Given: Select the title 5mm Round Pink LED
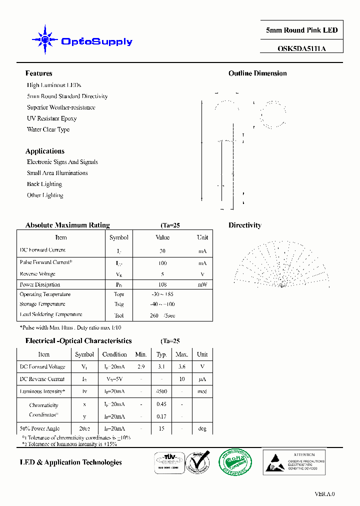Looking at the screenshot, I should (301, 30).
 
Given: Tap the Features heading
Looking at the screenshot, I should (38, 73).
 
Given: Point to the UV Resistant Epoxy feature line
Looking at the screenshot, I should (51, 118).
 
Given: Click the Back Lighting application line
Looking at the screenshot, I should (44, 184).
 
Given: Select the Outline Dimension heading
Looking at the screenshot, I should (257, 73).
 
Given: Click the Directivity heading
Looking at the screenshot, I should (245, 225).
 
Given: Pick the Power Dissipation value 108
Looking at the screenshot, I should (162, 284).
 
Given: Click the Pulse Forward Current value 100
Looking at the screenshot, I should (162, 263).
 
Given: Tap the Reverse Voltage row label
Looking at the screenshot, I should (37, 274).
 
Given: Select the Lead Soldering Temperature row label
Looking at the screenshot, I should (50, 314).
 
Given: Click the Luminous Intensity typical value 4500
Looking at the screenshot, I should (161, 391).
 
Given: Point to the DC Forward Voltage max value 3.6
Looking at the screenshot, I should (182, 366).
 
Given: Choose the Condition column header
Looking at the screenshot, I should (114, 354).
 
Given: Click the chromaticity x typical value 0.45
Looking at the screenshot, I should (161, 404).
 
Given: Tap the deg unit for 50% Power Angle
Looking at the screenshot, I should (202, 428).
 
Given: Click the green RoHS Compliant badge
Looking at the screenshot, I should (234, 461).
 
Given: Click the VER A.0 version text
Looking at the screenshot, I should (324, 494).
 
